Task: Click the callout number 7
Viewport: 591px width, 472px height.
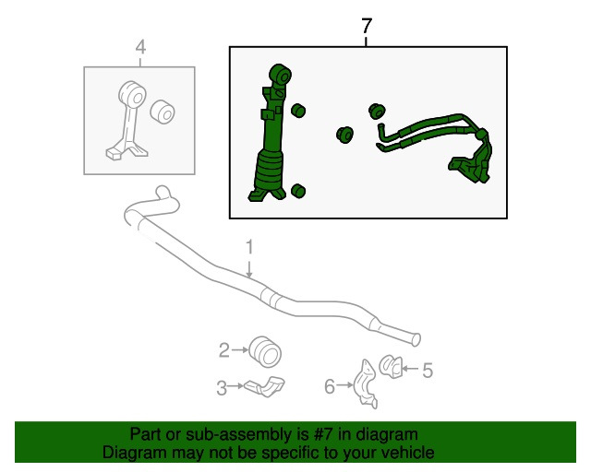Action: pos(367,26)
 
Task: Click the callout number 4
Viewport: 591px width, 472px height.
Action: pos(140,48)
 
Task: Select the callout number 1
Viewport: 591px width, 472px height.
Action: pos(249,247)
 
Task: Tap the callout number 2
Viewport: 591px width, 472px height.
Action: pos(223,350)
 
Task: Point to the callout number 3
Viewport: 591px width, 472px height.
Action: pos(222,388)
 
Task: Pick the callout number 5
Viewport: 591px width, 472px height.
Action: pos(428,371)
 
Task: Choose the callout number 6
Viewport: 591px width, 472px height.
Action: pos(330,386)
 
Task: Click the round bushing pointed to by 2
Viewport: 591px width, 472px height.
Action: pos(265,352)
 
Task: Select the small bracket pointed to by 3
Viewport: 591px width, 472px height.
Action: pos(265,386)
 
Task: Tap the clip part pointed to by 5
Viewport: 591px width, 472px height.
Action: pos(391,366)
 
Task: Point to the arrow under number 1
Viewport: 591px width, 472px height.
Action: pos(249,268)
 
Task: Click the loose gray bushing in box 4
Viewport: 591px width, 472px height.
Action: pos(163,112)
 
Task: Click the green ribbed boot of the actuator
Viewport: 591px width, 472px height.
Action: pos(269,170)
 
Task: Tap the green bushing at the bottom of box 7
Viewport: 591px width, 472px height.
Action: pos(298,191)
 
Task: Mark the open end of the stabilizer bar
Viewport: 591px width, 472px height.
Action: pos(416,339)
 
